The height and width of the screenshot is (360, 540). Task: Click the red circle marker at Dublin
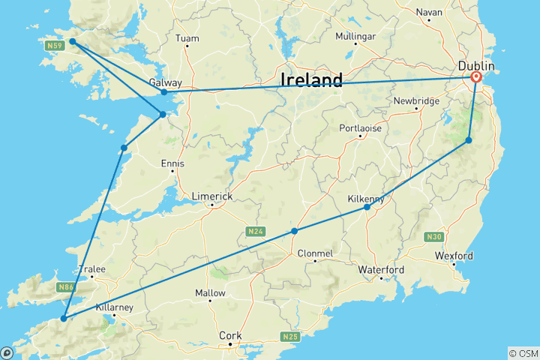(475, 76)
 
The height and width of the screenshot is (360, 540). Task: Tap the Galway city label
(163, 82)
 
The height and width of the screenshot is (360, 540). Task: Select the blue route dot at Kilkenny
(367, 207)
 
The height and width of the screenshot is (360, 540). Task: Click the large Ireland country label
(311, 80)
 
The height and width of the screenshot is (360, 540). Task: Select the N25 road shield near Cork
(290, 336)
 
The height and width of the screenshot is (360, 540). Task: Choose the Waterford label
(381, 269)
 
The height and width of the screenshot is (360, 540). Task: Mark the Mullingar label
(355, 36)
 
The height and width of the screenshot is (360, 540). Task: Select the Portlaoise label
(360, 128)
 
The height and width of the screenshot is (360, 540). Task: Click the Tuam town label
(187, 38)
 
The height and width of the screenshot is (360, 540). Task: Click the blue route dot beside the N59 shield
(73, 42)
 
